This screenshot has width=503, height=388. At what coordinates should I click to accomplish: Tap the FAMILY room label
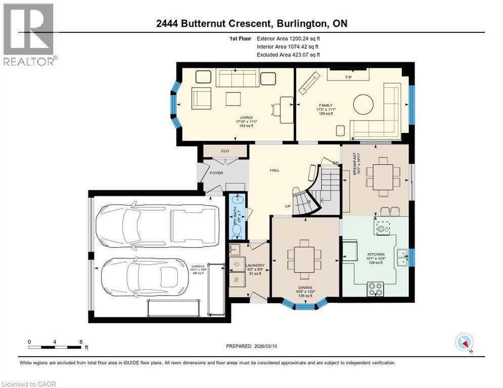325,106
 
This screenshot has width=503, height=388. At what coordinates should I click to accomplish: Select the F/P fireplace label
348,77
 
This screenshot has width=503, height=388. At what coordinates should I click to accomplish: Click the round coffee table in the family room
364,105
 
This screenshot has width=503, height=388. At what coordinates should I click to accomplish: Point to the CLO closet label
225,151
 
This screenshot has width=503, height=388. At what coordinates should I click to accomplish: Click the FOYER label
216,173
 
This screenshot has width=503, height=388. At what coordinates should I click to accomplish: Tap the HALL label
274,170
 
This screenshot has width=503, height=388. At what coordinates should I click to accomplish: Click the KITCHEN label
376,254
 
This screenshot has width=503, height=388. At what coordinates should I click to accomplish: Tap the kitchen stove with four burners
375,289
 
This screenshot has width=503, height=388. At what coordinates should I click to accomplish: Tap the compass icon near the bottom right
464,343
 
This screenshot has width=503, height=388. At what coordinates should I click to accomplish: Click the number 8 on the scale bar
81,342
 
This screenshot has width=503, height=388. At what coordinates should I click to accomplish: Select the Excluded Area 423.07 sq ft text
288,55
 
